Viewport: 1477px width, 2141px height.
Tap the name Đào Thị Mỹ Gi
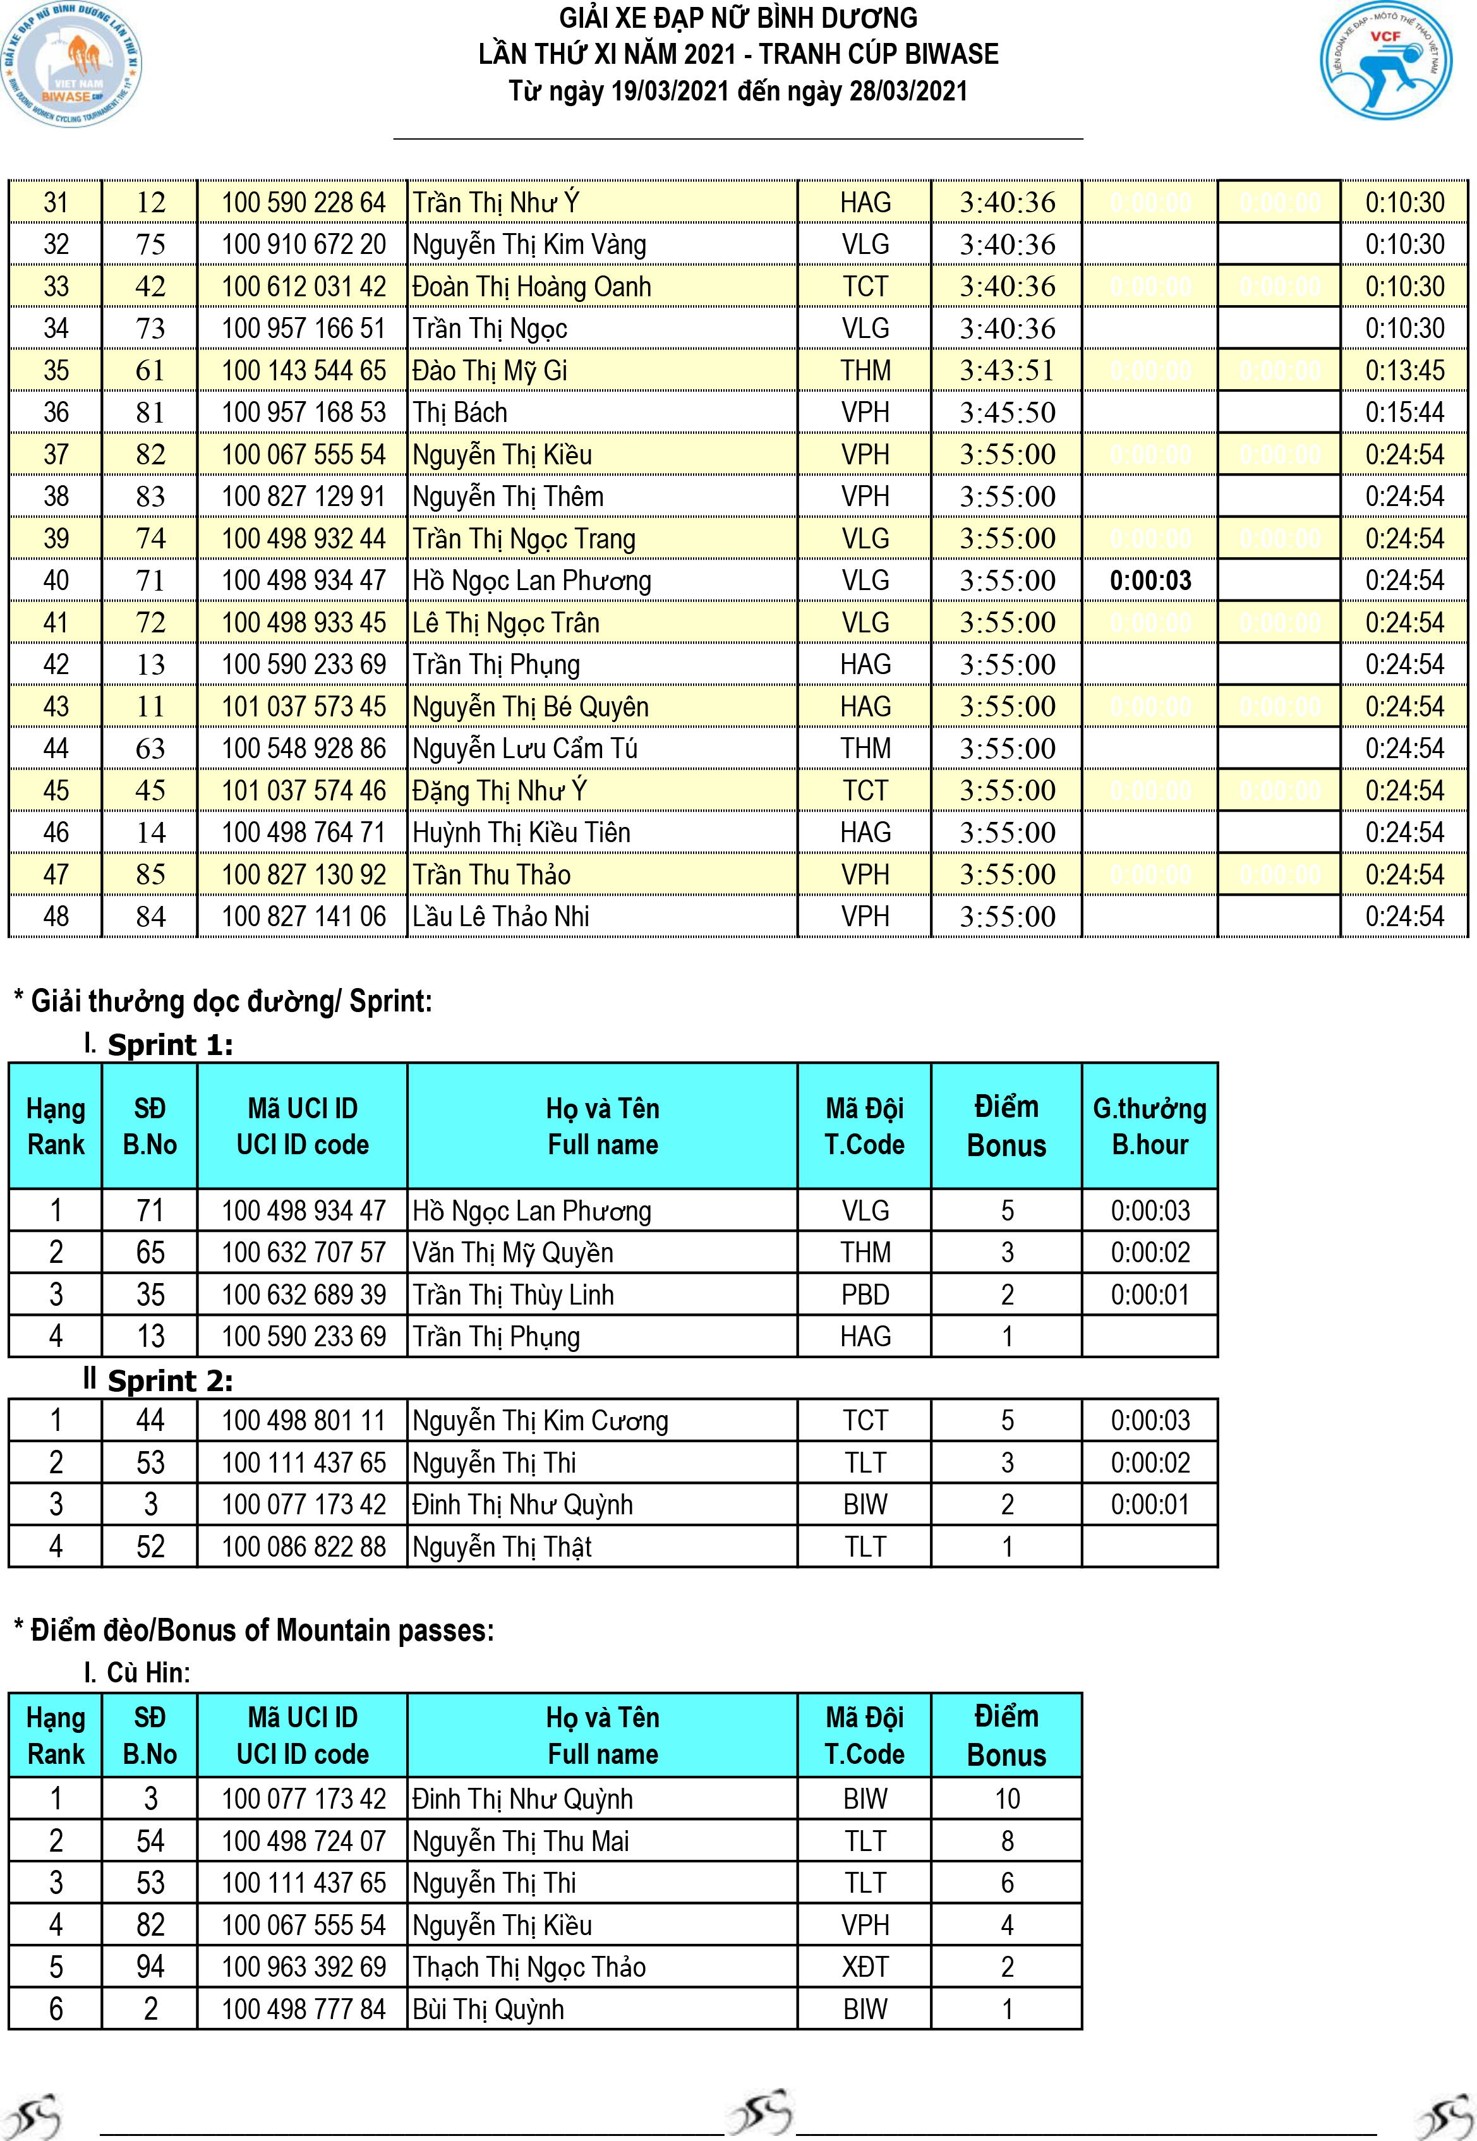coord(490,370)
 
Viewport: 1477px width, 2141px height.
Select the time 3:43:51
coord(1007,370)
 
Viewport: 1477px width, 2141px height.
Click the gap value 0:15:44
coord(1404,413)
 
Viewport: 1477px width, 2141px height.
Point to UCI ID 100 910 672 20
coord(303,244)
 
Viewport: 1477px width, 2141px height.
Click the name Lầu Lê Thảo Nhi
coord(501,916)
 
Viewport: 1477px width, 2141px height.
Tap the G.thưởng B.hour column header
coord(1149,1126)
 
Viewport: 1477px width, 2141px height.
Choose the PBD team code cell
coord(864,1294)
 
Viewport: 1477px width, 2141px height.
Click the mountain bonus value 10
coord(1007,1799)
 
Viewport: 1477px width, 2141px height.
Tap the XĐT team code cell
coord(864,1967)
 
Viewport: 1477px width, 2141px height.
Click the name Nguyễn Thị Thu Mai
coord(520,1841)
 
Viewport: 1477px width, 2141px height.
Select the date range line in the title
coord(738,92)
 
